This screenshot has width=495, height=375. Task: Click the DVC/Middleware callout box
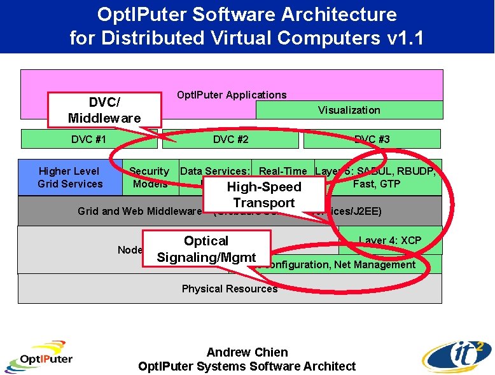click(103, 110)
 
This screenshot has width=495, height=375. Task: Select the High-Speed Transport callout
click(263, 194)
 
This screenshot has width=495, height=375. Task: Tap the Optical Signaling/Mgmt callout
click(206, 249)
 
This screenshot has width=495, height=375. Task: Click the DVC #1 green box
click(88, 139)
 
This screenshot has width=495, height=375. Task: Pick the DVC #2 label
click(230, 139)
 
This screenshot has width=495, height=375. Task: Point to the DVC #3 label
click(372, 139)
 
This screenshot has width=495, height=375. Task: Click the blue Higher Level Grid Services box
click(70, 177)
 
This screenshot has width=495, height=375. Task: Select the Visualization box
click(349, 110)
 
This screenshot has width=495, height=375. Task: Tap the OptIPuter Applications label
click(232, 95)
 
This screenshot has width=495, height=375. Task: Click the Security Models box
click(150, 177)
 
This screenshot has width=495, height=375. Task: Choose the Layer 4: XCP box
click(390, 240)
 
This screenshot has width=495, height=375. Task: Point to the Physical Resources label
click(230, 289)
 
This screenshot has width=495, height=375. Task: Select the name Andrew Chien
click(247, 352)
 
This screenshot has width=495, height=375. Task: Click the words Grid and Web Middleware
click(139, 211)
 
